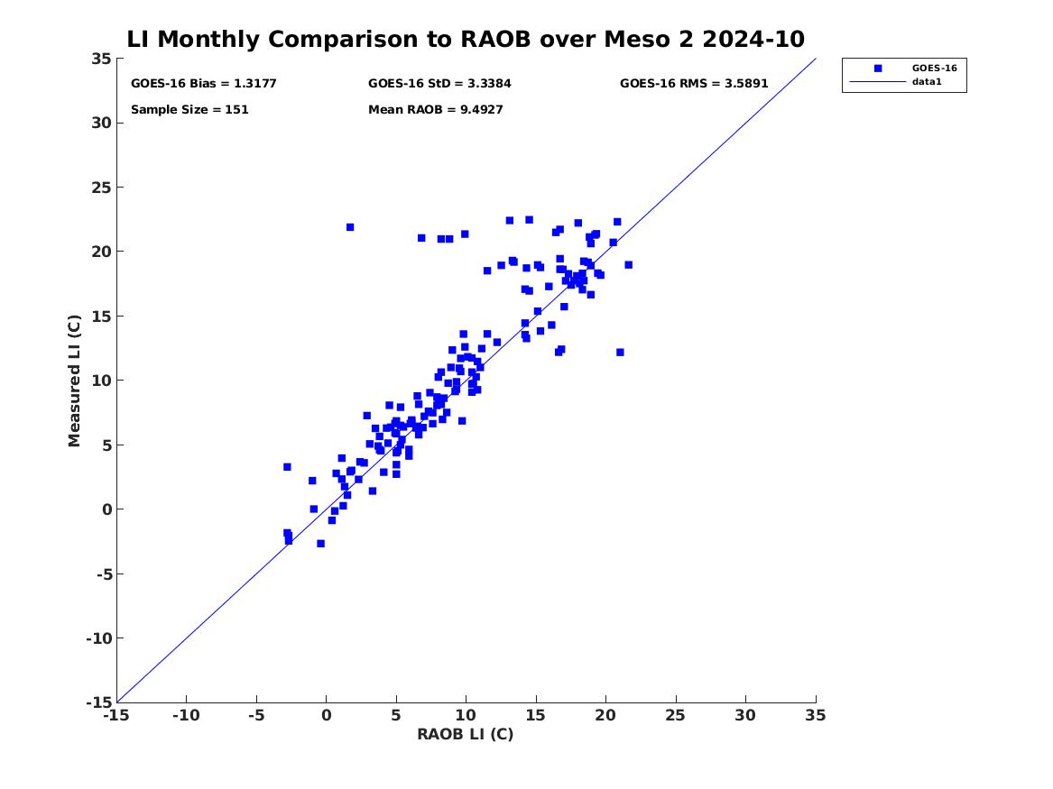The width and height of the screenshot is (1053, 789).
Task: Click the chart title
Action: [x=466, y=39]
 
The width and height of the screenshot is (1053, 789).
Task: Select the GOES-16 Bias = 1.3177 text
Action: [x=203, y=83]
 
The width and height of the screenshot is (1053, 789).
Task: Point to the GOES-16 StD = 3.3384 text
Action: [x=439, y=83]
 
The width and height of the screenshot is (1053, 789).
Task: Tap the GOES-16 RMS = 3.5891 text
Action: [x=692, y=83]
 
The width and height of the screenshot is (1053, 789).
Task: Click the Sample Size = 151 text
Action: [x=189, y=110]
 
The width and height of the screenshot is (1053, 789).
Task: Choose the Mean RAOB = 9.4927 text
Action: [x=435, y=110]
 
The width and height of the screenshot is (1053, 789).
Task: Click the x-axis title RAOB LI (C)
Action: [x=465, y=734]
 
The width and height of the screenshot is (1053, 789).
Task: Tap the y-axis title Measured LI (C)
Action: [x=75, y=381]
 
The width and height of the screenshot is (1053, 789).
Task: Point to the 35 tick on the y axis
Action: [x=101, y=59]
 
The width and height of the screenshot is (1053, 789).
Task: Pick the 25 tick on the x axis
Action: [x=676, y=715]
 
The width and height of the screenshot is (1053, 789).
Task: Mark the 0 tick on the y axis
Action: [x=105, y=509]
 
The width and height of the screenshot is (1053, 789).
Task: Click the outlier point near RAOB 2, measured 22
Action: [x=350, y=227]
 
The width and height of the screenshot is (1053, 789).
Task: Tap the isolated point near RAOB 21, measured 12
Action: [x=620, y=353]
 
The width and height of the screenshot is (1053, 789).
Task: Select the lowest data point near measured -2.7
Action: [x=320, y=544]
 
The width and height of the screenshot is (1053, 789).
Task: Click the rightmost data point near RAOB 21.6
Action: [x=628, y=265]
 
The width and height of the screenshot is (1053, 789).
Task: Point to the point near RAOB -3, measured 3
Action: [x=287, y=467]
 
